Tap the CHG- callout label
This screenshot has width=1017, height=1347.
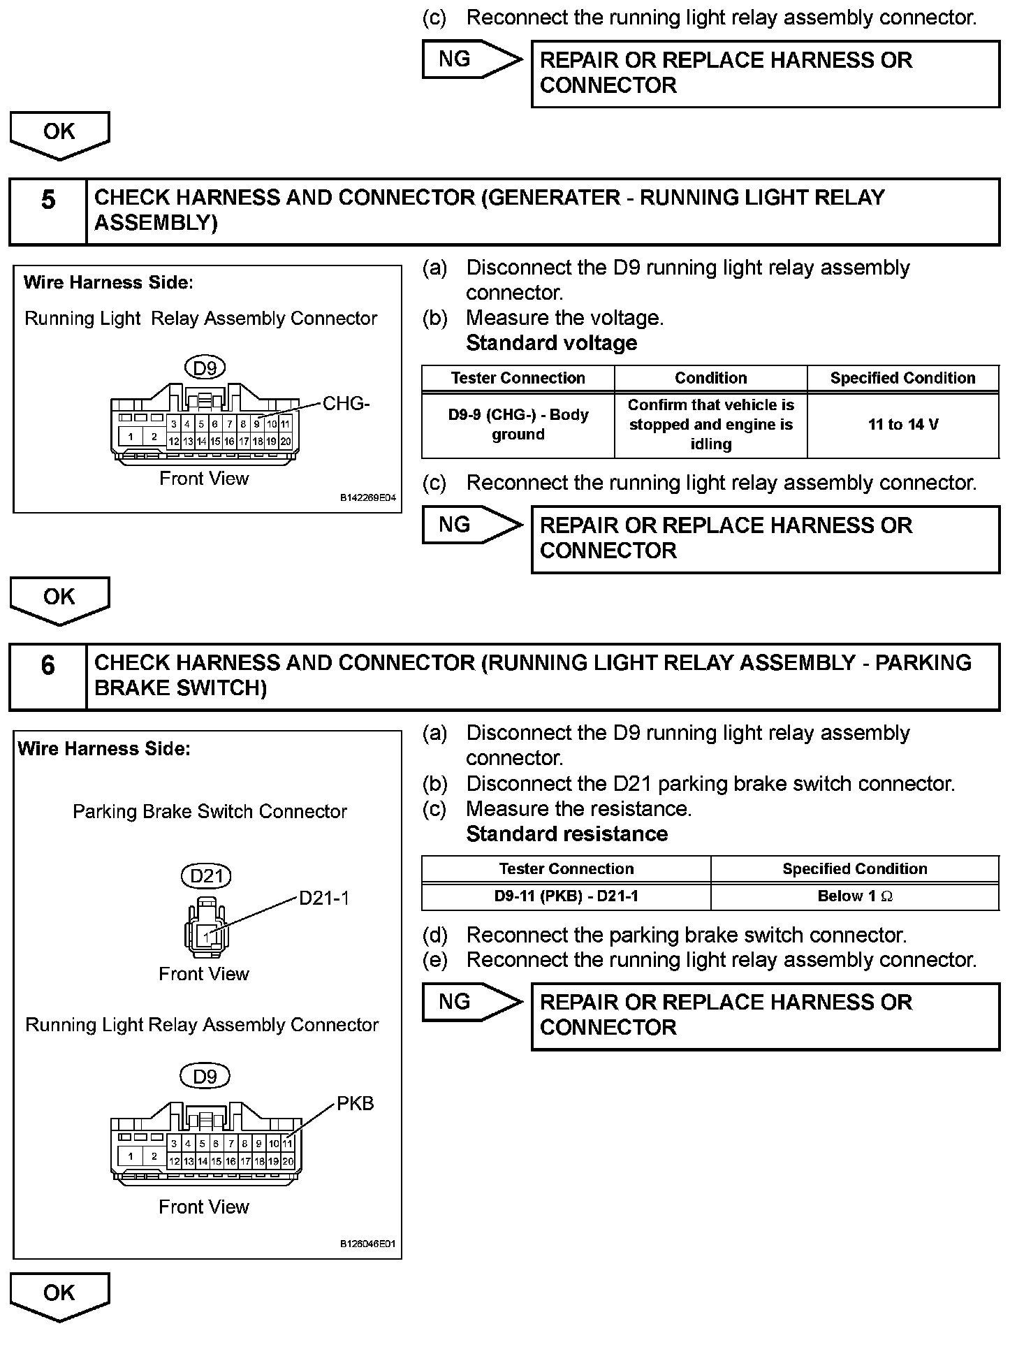pos(346,404)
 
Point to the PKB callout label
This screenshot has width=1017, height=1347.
pos(356,1103)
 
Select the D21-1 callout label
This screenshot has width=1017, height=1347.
pos(324,898)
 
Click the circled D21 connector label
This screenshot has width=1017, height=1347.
pos(206,876)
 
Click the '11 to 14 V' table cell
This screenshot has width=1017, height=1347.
pos(902,425)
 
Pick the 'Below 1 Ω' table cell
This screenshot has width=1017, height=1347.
pos(854,896)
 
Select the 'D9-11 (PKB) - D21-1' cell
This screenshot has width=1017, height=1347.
pos(566,896)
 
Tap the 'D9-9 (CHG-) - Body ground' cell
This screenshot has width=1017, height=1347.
pos(518,425)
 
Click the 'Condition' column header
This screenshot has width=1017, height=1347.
pos(710,378)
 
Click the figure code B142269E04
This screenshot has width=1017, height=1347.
pos(368,498)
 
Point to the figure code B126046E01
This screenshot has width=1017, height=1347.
pos(368,1244)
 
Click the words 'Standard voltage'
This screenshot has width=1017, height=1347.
pos(551,343)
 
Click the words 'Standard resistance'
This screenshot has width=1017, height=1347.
pos(566,834)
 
